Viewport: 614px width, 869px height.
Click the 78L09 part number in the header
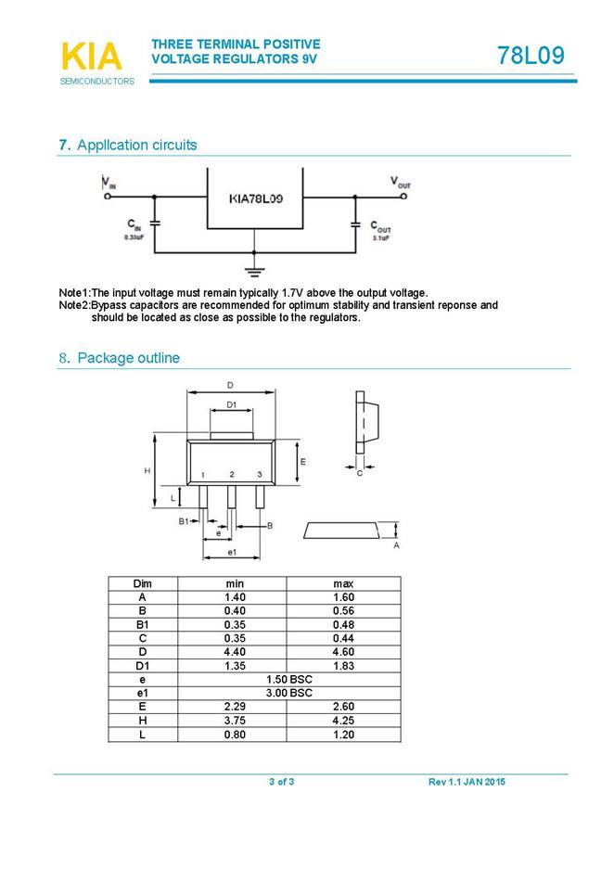click(x=531, y=56)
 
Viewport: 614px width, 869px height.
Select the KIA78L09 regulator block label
click(x=256, y=198)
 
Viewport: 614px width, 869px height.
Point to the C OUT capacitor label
click(x=380, y=225)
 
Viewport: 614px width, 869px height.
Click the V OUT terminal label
click(x=400, y=182)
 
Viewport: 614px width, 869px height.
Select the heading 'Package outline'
click(x=128, y=358)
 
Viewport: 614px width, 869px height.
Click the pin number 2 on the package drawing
click(x=232, y=474)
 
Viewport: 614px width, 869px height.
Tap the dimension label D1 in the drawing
click(x=232, y=405)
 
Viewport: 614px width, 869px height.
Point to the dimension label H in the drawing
click(x=147, y=471)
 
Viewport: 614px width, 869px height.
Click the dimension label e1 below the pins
click(x=232, y=554)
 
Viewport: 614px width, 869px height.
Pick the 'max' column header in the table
click(x=343, y=583)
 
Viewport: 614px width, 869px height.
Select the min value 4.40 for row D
click(x=235, y=652)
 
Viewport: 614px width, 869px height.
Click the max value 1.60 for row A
click(x=343, y=597)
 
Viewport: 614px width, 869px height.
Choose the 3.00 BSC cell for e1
click(x=288, y=693)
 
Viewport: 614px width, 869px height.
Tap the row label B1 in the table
click(x=142, y=624)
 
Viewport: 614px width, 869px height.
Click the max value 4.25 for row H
click(x=343, y=721)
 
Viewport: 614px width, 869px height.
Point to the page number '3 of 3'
click(x=282, y=782)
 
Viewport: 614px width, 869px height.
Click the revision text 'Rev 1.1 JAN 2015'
click(x=467, y=782)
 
